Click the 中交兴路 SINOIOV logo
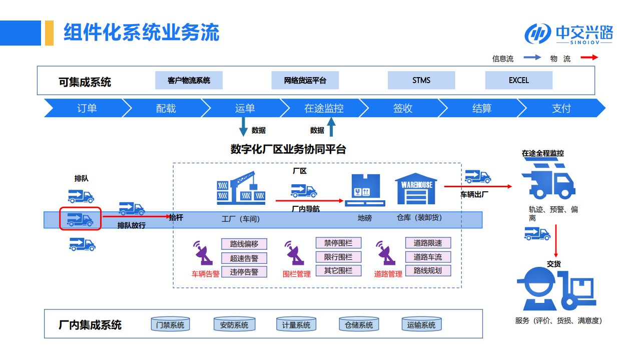point(568,34)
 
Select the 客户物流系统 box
point(189,80)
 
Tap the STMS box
point(421,80)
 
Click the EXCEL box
point(518,80)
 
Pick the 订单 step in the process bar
point(87,108)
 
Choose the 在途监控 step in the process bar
point(324,108)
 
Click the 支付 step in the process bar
point(561,108)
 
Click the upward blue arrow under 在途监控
point(331,127)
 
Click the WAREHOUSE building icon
point(416,189)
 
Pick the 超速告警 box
point(244,258)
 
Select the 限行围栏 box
point(338,257)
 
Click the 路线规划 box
point(427,271)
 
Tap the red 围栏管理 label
point(297,274)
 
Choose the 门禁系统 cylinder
point(170,325)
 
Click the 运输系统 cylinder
point(421,325)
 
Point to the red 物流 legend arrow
point(589,58)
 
